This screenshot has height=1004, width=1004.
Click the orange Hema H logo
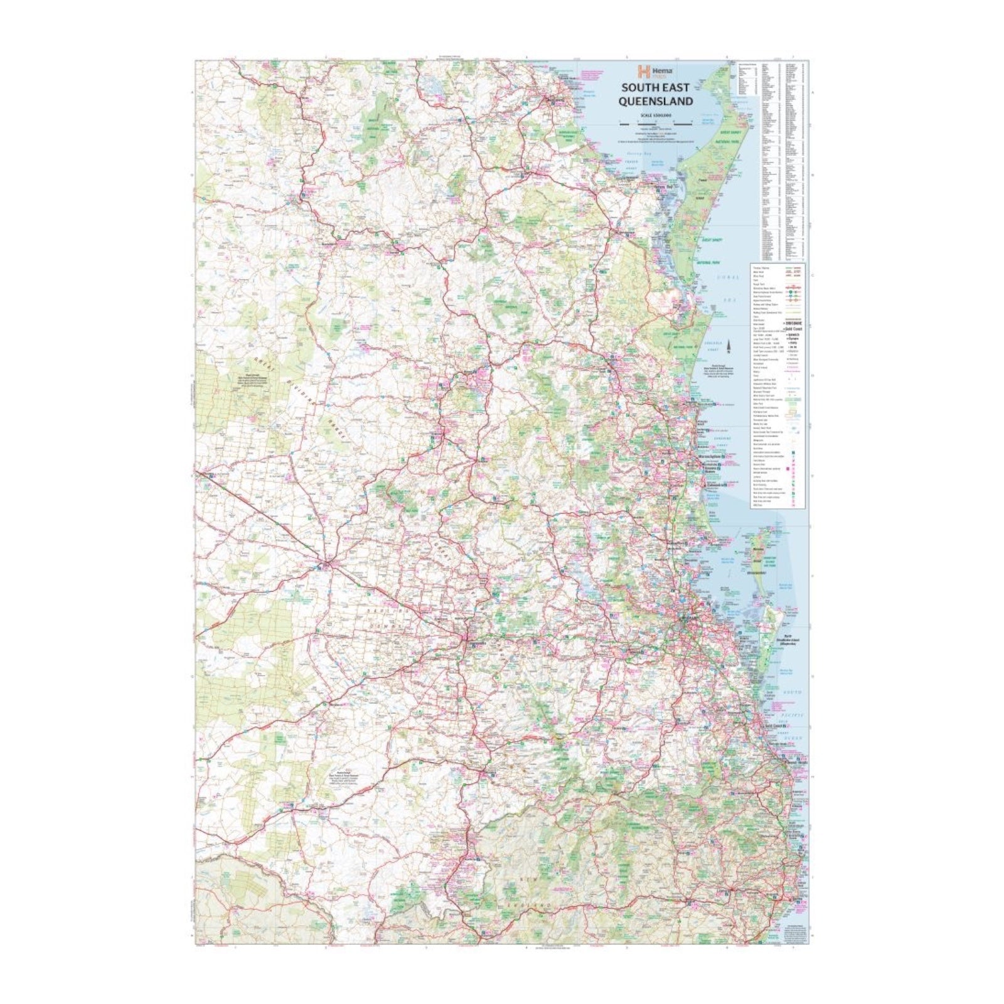click(x=642, y=72)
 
